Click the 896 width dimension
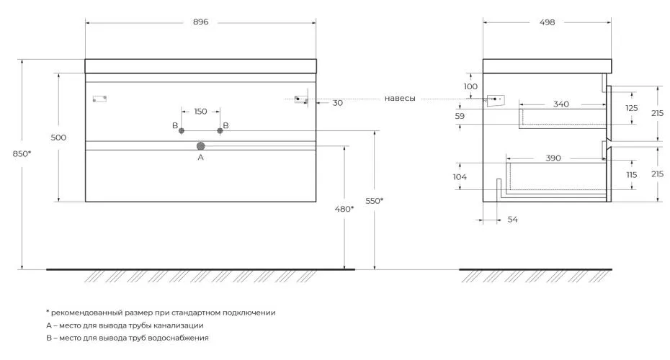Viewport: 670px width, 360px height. click(200, 22)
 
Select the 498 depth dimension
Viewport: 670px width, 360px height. click(547, 22)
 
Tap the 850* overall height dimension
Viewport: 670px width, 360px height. click(22, 153)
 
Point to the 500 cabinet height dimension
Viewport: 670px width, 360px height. click(58, 137)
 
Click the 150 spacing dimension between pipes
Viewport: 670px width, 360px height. click(200, 112)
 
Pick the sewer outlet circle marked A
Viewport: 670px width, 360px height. click(200, 146)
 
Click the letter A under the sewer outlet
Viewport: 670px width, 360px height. click(200, 157)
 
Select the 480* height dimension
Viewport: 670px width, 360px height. click(344, 209)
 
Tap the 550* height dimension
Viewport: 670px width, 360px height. click(375, 201)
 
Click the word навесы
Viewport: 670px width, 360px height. click(400, 98)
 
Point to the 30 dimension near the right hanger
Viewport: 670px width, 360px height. click(338, 103)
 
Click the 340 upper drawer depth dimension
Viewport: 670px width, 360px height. click(561, 104)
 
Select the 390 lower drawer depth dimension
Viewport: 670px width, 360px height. click(553, 158)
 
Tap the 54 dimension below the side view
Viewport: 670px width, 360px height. click(513, 220)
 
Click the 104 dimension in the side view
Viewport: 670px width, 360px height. click(460, 177)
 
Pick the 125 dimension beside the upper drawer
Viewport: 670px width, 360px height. click(632, 108)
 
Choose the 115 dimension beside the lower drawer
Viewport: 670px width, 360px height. click(632, 175)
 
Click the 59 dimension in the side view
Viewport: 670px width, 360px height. click(460, 116)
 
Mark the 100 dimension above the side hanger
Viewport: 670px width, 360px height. click(470, 86)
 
